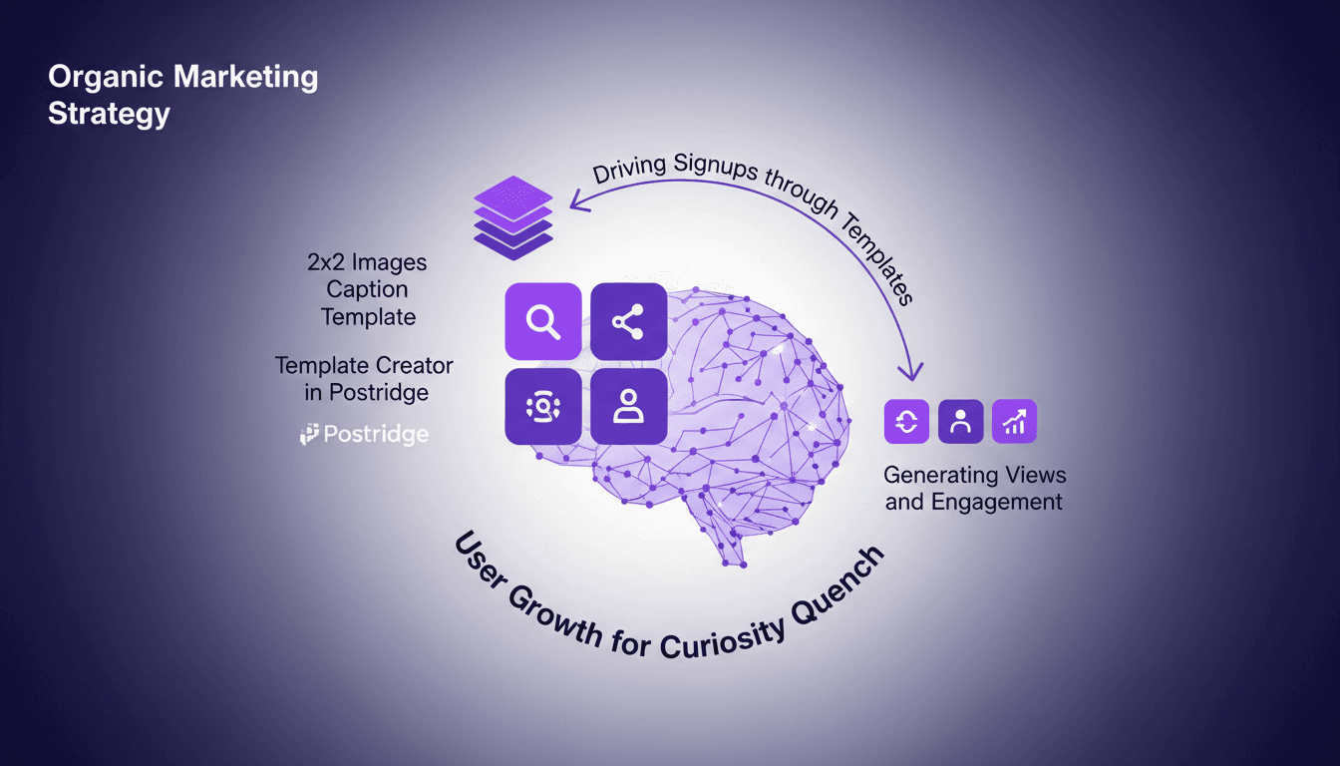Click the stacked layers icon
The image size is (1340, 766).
tap(512, 217)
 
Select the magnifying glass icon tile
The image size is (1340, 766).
tap(543, 321)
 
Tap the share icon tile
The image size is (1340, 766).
tap(628, 321)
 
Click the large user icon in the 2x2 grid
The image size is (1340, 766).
tap(628, 406)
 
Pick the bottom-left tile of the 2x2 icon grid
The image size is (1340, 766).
tap(543, 406)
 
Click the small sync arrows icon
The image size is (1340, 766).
tap(907, 421)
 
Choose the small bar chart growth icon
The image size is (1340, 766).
tap(1015, 421)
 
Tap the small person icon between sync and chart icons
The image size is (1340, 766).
tap(961, 421)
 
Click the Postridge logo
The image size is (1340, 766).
tap(365, 434)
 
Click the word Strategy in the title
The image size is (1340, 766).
tap(109, 113)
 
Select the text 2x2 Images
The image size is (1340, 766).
tap(366, 263)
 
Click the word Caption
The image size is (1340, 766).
tap(367, 290)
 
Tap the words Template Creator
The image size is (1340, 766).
tap(364, 366)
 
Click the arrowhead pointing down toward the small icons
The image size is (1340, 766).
tap(910, 374)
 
